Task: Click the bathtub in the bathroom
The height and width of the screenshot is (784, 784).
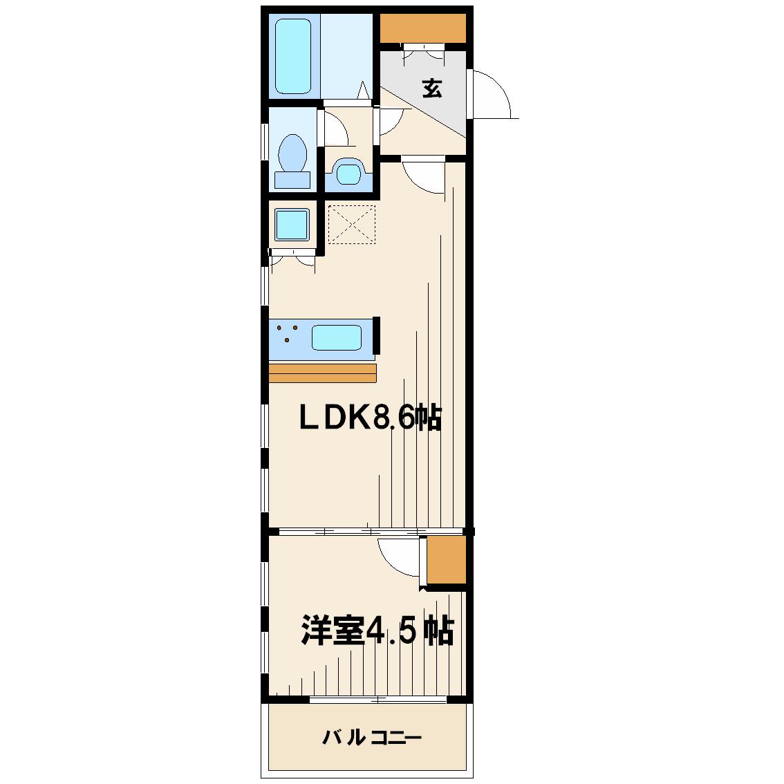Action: point(293,57)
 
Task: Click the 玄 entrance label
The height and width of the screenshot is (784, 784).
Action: point(432,88)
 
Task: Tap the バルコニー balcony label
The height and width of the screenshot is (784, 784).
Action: point(372,738)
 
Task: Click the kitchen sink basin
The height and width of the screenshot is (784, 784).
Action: point(337,337)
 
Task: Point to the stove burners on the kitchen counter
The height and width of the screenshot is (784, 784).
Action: point(288,333)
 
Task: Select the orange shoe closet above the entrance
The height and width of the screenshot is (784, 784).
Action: point(423,28)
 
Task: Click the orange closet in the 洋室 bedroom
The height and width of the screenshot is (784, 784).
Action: point(447,559)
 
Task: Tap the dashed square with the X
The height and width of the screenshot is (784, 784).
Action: point(351,225)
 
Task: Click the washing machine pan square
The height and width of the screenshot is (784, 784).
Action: point(292,225)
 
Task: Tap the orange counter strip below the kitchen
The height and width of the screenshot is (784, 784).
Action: point(322,373)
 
